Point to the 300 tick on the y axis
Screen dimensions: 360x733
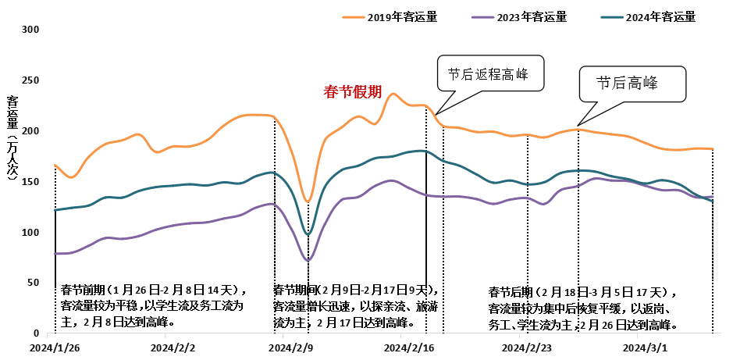point(32,30)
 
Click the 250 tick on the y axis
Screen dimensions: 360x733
point(32,80)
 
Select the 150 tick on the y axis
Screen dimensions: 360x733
point(32,182)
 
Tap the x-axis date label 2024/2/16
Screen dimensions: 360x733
point(408,347)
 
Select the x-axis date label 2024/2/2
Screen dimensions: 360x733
point(173,347)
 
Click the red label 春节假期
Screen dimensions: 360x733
point(352,92)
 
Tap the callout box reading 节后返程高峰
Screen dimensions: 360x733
point(489,76)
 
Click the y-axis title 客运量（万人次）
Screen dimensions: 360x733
point(12,138)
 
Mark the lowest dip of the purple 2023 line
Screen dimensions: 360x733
point(308,260)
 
